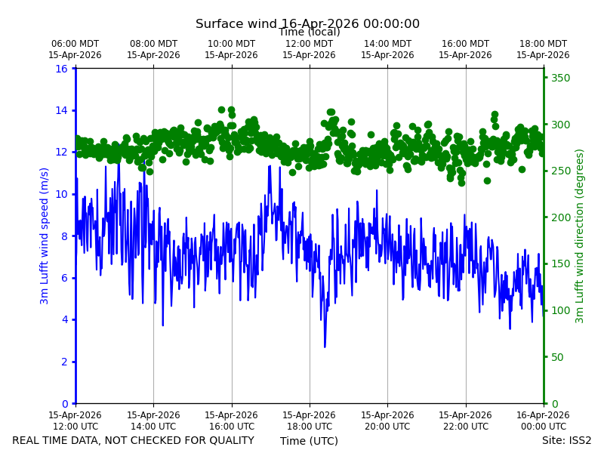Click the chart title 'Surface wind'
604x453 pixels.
[x=236, y=24]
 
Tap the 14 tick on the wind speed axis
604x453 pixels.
[x=61, y=110]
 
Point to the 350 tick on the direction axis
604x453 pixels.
[x=560, y=78]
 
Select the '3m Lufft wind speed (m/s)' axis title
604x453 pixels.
[x=44, y=236]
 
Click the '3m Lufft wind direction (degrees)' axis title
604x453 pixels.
[x=579, y=236]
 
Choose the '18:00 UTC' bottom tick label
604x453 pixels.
[x=310, y=427]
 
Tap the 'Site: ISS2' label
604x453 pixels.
[x=566, y=440]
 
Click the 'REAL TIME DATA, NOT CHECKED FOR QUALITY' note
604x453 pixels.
[x=134, y=440]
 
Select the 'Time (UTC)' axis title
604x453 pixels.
[x=309, y=441]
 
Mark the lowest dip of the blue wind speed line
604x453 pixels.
[x=325, y=347]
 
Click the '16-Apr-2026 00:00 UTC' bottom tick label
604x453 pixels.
[x=543, y=421]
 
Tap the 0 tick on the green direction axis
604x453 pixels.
[x=555, y=404]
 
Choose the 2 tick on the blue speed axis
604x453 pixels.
[x=64, y=362]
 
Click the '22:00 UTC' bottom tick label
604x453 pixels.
[x=465, y=427]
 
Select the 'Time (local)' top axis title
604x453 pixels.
[x=310, y=32]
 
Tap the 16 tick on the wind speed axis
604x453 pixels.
[x=61, y=69]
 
